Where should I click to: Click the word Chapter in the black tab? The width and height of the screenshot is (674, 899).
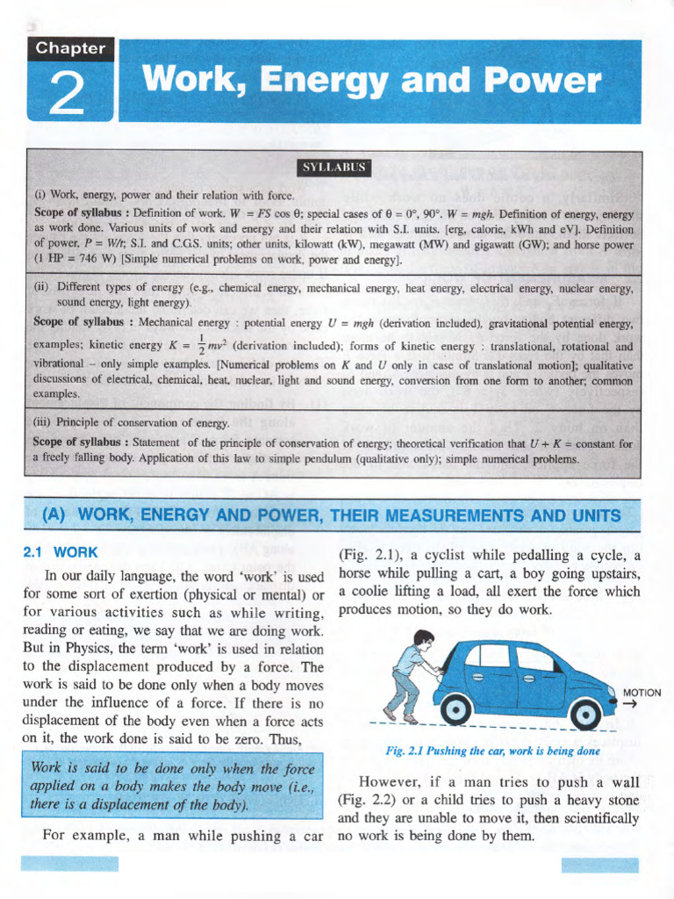point(71,48)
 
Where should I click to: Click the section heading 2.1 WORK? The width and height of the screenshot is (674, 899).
point(59,553)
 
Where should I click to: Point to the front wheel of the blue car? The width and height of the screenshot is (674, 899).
point(584,711)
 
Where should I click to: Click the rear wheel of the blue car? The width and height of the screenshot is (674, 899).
point(457,708)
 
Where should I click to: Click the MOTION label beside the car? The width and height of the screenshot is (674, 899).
point(642,692)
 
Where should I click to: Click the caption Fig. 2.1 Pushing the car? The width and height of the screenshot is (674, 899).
point(492,752)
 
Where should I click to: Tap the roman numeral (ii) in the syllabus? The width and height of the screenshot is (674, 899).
point(40,288)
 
